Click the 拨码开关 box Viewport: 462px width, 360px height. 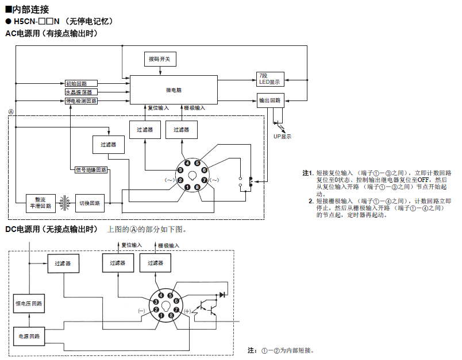tap(160, 59)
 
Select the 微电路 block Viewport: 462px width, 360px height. tap(174, 90)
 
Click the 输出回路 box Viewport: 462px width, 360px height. tap(270, 100)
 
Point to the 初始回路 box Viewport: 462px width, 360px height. tap(80, 84)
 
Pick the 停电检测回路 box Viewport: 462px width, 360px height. tap(81, 100)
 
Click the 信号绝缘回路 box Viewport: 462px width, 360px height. tap(91, 170)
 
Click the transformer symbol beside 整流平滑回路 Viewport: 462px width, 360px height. tap(67, 202)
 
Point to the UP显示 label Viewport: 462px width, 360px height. tap(282, 137)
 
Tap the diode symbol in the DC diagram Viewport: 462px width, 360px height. tap(222, 295)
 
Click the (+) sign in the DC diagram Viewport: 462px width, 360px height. tap(188, 311)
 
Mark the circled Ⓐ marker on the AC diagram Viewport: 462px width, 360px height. tap(11, 110)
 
